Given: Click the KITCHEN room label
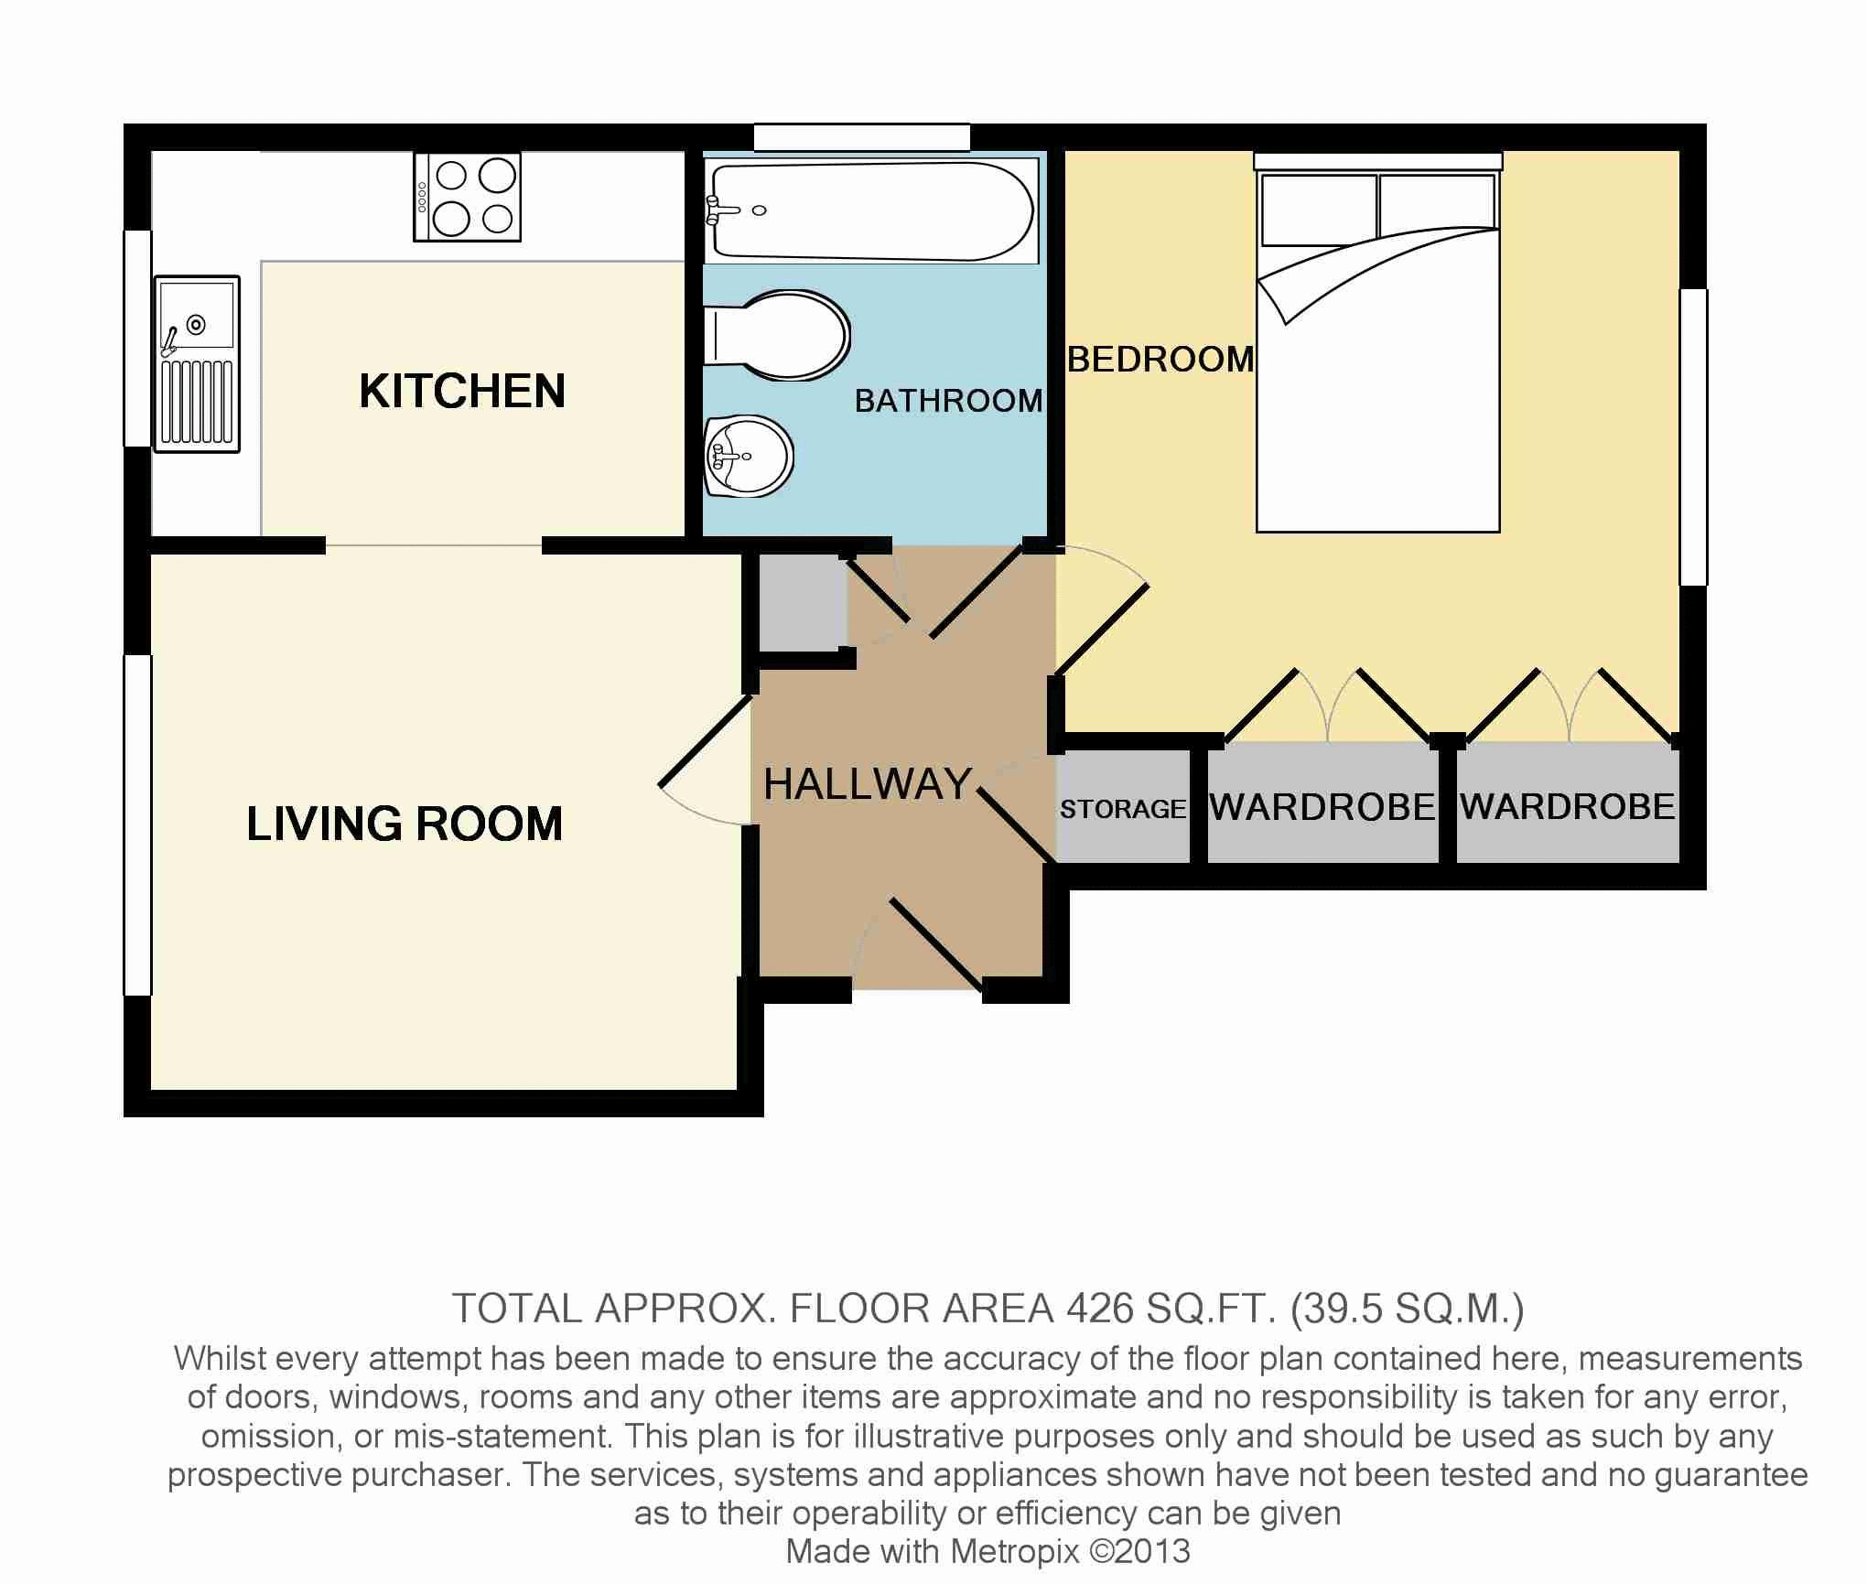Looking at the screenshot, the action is [x=462, y=392].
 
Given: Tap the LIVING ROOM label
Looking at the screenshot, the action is [x=405, y=824].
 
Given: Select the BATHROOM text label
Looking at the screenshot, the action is [x=949, y=401].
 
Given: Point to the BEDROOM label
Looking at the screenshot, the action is [x=1161, y=359].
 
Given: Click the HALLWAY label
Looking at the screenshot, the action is [x=868, y=784].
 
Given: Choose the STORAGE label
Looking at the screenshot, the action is [x=1123, y=809].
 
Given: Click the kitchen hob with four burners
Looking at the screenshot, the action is [x=467, y=197].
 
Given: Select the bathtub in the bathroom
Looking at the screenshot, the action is [x=871, y=210].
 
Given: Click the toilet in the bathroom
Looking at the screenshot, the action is [x=776, y=336].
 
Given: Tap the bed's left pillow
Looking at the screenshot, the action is [x=1318, y=210].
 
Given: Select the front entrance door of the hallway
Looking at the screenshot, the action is [x=936, y=943].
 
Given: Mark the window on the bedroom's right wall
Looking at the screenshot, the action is [x=1693, y=437].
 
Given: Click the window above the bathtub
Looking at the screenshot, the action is [x=861, y=137].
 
